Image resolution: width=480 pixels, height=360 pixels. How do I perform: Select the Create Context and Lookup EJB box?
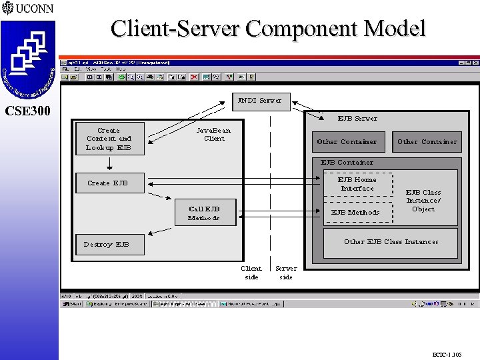coord(109,139)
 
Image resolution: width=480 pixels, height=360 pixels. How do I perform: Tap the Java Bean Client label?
coord(214,135)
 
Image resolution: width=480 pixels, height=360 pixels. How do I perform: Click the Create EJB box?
coord(108,183)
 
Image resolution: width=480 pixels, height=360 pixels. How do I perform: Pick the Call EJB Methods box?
coord(204,213)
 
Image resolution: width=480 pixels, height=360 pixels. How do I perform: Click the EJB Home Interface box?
coord(357,184)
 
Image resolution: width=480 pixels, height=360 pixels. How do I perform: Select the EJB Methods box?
coord(356,212)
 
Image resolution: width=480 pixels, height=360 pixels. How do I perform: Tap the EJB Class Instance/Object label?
coord(423,200)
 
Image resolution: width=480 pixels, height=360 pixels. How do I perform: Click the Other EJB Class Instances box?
coord(391,242)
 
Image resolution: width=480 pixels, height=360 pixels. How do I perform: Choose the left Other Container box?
coord(347,141)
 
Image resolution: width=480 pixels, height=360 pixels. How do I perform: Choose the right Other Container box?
coord(427,141)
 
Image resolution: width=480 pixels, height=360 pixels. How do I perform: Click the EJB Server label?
coord(357,118)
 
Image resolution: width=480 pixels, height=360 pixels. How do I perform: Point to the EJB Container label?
coord(347,162)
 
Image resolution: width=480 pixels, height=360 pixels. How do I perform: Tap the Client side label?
coord(251,273)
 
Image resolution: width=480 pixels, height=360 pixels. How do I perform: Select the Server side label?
coord(286,273)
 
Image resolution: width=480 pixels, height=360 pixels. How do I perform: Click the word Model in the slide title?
coord(389,29)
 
